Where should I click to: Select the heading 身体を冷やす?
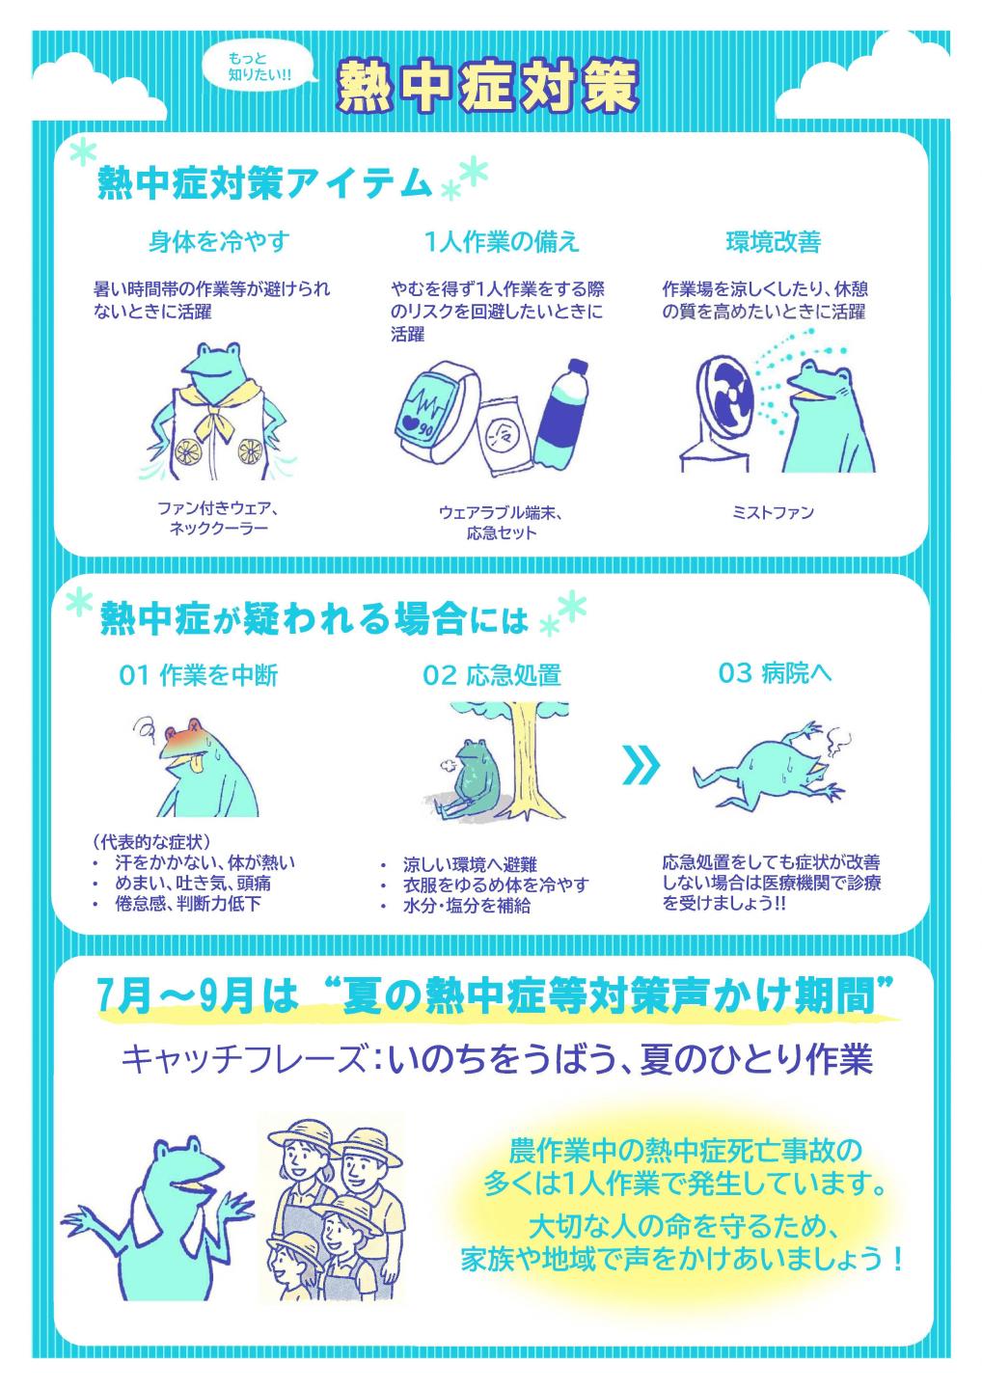pos(219,241)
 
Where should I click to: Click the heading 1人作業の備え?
pos(502,241)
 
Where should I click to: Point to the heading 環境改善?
pos(773,241)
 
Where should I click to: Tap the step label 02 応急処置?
pos(491,675)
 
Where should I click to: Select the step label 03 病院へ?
pos(775,673)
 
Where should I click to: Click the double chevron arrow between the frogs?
pos(642,766)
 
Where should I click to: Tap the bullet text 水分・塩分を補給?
pos(466,906)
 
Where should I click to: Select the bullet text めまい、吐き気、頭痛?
pos(193,883)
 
